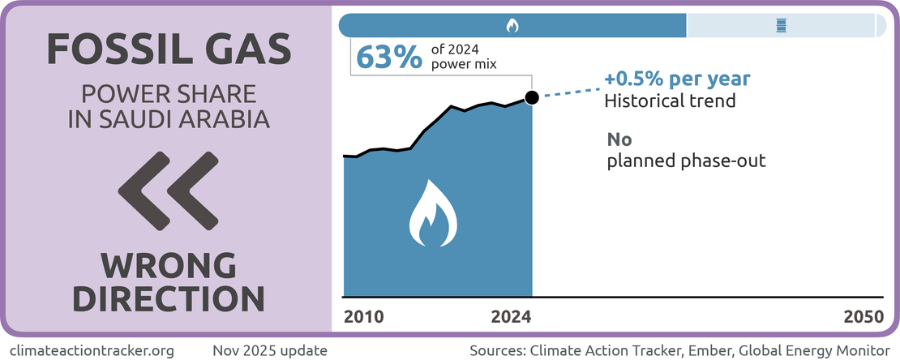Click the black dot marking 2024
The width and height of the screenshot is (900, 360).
pos(532,98)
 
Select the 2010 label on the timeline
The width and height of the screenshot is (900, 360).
pos(363,316)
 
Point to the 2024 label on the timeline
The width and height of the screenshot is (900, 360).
pos(512,316)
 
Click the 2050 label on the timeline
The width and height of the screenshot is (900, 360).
pos(863,316)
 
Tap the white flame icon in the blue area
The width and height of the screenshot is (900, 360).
pos(434,214)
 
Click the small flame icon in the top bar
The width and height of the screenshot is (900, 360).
pos(512,26)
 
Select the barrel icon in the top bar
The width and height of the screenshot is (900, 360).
pos(780,26)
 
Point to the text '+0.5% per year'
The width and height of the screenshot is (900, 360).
pos(677,80)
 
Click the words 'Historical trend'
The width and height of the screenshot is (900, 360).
pos(670,102)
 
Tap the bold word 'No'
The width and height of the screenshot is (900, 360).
pos(619,139)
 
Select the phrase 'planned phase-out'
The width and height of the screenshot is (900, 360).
pos(687,161)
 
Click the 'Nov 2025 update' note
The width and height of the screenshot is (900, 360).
pos(270,350)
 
